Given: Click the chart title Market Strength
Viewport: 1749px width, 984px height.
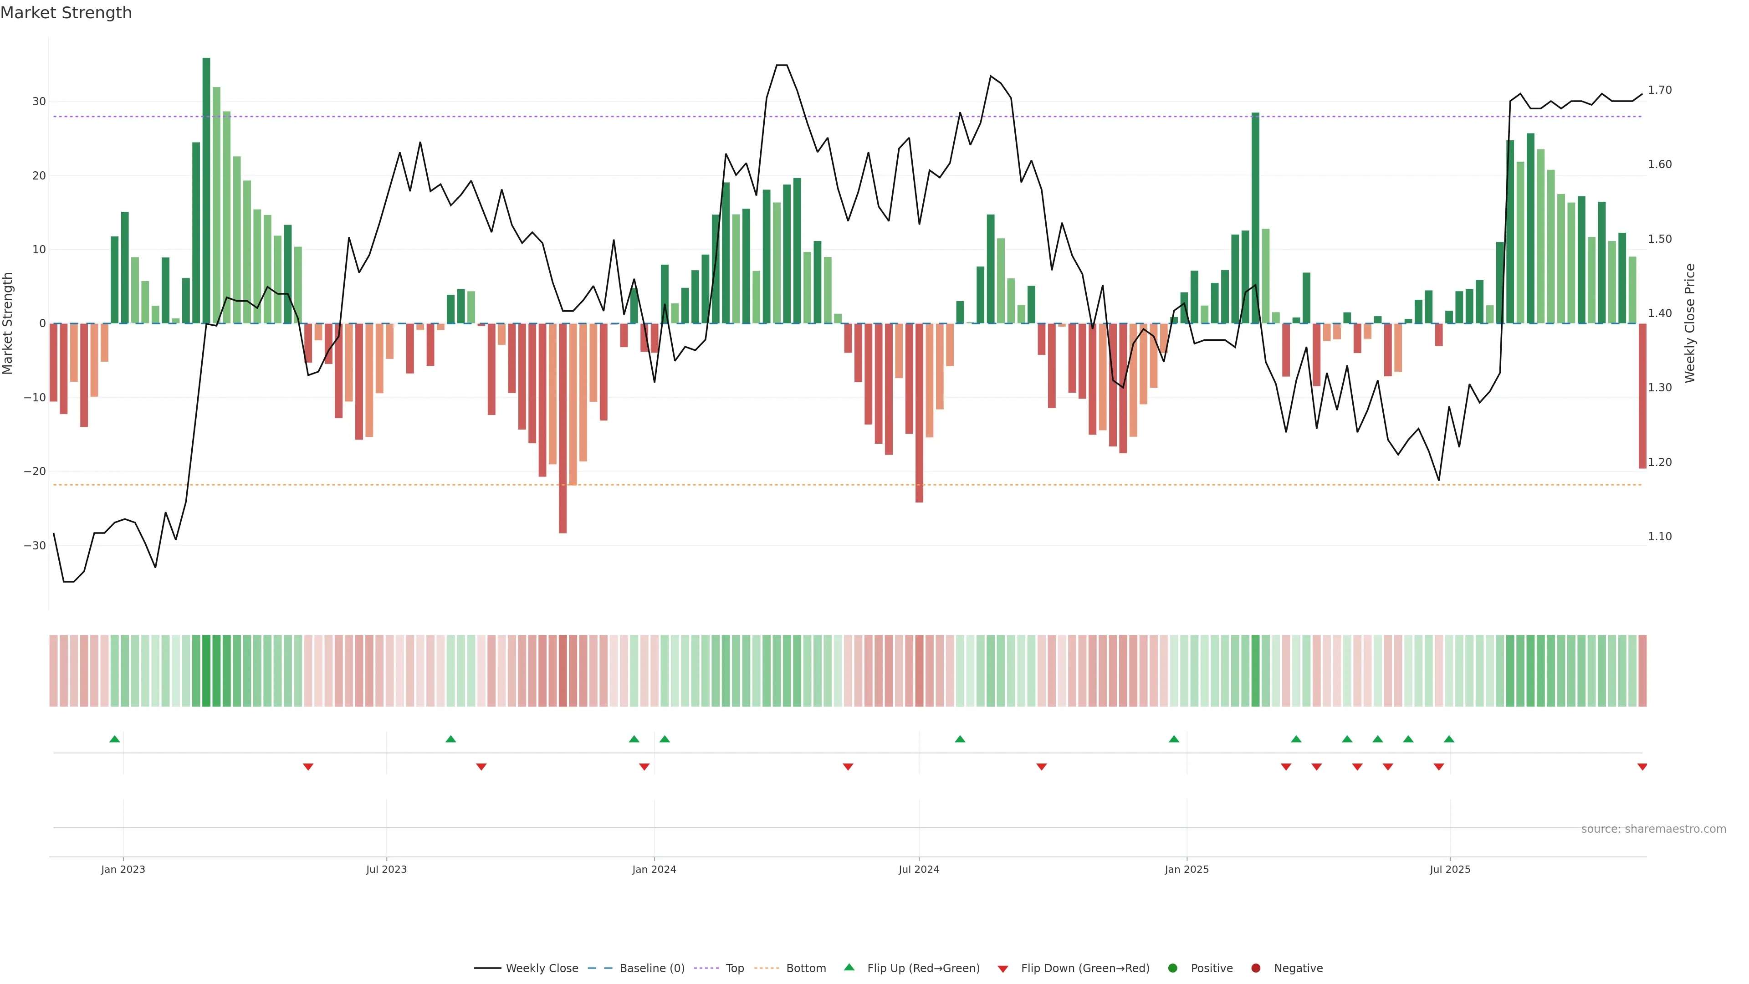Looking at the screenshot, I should [x=66, y=13].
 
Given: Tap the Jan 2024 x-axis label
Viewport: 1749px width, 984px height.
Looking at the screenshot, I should [x=654, y=869].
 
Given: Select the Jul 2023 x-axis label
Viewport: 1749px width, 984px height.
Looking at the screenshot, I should [x=386, y=869].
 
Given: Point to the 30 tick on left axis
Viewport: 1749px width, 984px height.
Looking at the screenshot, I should [x=39, y=102].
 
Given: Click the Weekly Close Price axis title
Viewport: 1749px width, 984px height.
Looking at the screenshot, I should [x=1690, y=323].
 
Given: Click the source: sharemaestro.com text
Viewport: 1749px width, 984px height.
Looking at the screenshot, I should [x=1653, y=829].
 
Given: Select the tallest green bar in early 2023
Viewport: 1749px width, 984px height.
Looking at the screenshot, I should [x=206, y=190].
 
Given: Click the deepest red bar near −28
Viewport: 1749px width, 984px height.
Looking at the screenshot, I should [x=563, y=428].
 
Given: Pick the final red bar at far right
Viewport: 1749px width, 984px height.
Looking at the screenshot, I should [x=1642, y=396].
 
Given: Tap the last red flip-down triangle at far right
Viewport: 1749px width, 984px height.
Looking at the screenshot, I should [x=1642, y=767].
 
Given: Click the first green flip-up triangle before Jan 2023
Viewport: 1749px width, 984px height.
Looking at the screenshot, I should [x=115, y=739].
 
